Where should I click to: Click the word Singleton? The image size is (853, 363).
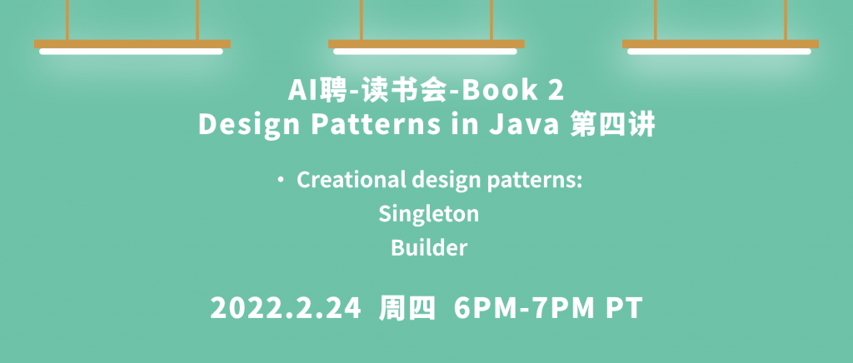429,214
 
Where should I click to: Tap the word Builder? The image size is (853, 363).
429,248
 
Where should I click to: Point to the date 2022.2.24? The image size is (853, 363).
286,309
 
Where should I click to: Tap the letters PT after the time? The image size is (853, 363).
625,309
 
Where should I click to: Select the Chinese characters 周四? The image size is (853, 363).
407,309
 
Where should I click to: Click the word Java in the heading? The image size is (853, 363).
525,124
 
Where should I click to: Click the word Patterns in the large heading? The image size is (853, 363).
376,124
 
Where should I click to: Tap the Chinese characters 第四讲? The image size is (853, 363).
612,124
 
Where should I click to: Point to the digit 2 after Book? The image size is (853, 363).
556,91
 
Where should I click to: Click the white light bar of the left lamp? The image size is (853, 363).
131,52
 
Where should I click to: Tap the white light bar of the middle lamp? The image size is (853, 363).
426,52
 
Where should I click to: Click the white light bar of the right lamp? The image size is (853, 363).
719,52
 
